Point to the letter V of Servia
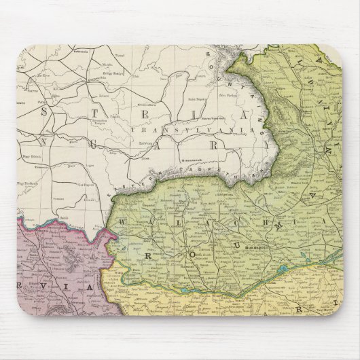pyautogui.click(x=33, y=287)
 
